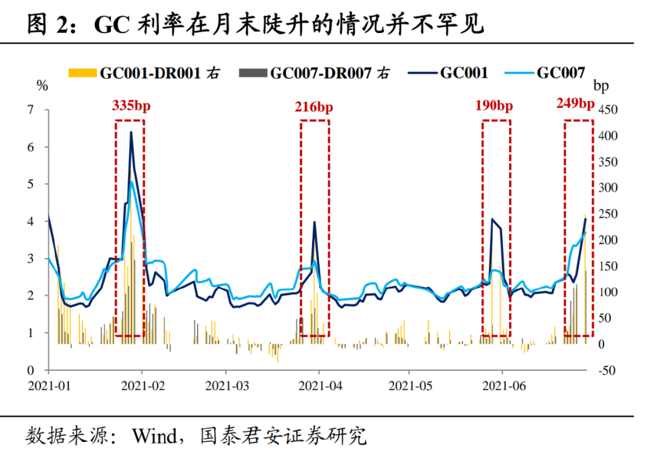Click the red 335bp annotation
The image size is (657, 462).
[131, 105]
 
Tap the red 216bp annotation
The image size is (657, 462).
[314, 107]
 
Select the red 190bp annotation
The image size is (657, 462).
[494, 105]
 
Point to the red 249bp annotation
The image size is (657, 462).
[575, 103]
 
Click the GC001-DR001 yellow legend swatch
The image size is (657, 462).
[83, 73]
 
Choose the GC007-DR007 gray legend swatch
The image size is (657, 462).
[253, 73]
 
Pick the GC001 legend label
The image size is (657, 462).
[464, 73]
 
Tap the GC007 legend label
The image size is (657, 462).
[560, 73]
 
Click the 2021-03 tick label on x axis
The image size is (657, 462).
[227, 386]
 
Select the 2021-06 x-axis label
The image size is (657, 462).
[503, 386]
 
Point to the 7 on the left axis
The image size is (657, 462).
[30, 110]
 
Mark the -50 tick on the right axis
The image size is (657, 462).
[607, 371]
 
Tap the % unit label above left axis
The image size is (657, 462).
[42, 86]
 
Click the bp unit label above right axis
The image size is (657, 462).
[601, 86]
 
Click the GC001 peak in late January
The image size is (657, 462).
[131, 132]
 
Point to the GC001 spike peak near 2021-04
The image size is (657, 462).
[314, 222]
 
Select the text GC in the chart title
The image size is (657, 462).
[111, 24]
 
